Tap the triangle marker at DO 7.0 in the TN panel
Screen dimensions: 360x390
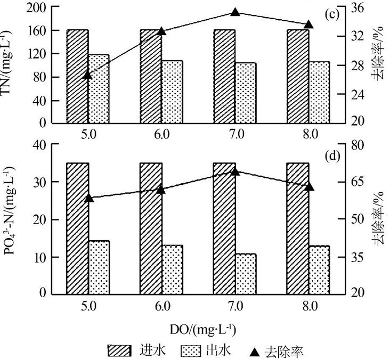tap(235, 12)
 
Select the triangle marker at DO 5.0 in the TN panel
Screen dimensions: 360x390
tap(88, 75)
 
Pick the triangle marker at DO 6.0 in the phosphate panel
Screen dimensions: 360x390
tap(161, 190)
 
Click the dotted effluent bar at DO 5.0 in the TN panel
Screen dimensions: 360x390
tap(99, 88)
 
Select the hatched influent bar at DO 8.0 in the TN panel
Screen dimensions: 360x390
tap(298, 76)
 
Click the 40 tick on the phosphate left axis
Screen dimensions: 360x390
tap(41, 145)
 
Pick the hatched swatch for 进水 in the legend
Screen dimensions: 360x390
tap(119, 351)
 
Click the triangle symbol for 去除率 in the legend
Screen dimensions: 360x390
tap(255, 351)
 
